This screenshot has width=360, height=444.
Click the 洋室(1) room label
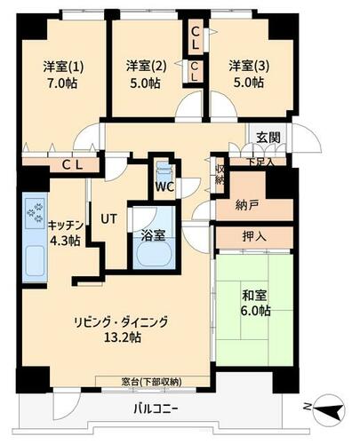[63, 67]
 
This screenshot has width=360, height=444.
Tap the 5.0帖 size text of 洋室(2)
[145, 83]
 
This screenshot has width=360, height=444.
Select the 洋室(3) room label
[249, 66]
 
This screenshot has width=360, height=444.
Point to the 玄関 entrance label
[268, 137]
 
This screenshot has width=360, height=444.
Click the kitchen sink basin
[35, 261]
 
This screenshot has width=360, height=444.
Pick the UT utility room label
[108, 218]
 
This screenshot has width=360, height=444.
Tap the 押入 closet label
[254, 236]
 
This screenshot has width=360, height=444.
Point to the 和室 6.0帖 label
[255, 303]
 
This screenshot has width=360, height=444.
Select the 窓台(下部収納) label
[151, 382]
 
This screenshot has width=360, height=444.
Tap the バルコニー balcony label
[156, 409]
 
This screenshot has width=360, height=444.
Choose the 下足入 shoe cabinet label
[260, 163]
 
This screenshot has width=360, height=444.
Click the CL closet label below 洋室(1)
[72, 165]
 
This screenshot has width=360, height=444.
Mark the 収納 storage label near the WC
[220, 175]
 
